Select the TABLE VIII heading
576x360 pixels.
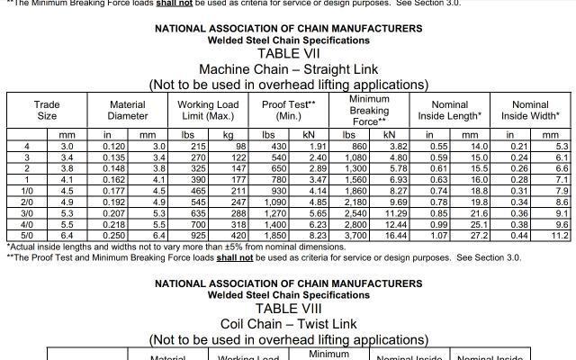288,308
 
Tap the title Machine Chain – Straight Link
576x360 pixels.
288,69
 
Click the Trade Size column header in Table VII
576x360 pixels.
47,111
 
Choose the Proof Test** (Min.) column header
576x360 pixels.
288,111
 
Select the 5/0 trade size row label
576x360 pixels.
27,235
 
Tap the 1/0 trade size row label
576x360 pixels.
27,191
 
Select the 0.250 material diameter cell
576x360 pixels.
114,235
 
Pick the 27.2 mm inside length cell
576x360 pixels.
479,235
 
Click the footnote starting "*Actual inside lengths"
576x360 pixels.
175,247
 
